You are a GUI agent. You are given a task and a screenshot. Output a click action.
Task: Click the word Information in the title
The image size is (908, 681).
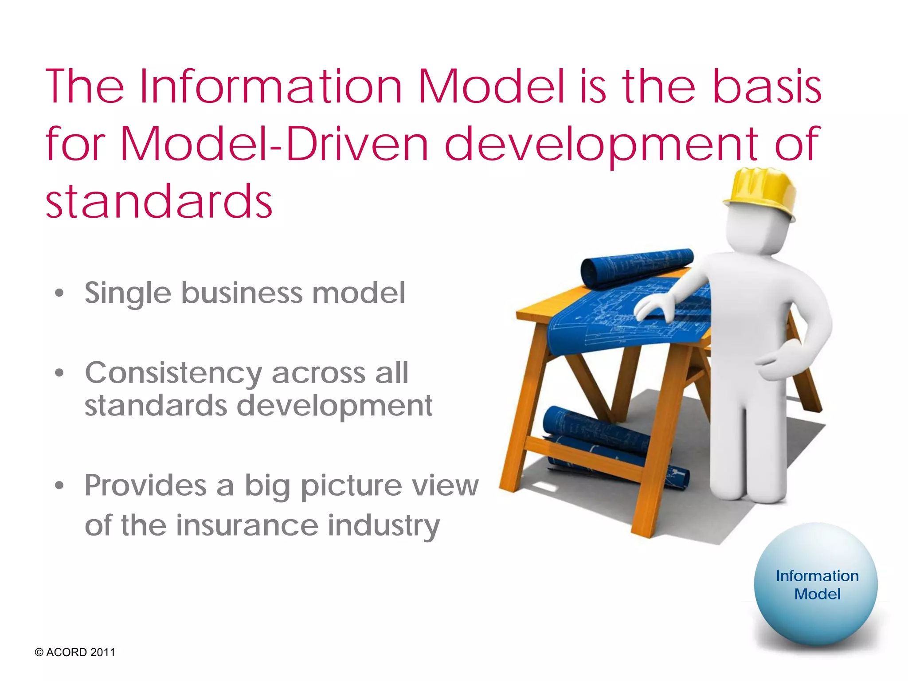click(270, 87)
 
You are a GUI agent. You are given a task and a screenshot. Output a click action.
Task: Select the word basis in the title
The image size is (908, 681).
click(767, 87)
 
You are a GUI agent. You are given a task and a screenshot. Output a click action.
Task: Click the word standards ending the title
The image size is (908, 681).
click(159, 202)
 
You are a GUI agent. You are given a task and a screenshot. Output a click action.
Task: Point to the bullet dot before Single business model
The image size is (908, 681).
click(59, 294)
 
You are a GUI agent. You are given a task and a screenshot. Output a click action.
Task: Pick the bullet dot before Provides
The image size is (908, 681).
click(59, 486)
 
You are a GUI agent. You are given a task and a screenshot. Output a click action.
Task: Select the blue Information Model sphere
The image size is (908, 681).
click(816, 585)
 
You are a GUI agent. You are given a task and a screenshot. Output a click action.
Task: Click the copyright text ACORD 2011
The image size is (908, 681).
click(75, 652)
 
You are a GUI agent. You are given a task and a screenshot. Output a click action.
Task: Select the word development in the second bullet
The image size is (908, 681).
click(334, 406)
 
